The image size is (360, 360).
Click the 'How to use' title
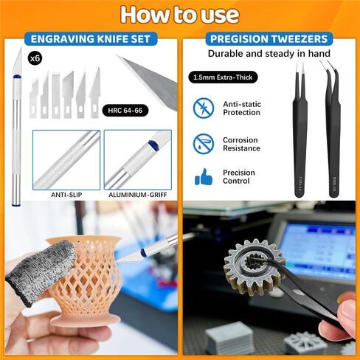point(180,15)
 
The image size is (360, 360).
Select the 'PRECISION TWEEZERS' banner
point(269,39)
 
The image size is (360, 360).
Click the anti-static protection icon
point(203,108)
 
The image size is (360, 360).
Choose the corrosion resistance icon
point(203,143)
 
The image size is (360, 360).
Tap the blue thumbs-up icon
point(203,177)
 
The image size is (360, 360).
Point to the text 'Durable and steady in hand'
point(268,54)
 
